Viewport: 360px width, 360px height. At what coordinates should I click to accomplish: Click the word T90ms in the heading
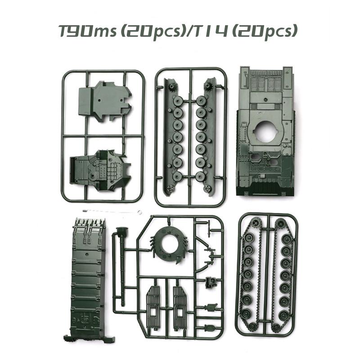pyautogui.click(x=82, y=31)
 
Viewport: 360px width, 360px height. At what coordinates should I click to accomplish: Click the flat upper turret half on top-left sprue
pyautogui.click(x=104, y=101)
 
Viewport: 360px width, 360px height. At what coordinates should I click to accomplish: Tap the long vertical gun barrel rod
pyautogui.click(x=122, y=270)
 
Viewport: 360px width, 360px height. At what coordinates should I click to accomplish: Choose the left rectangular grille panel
pyautogui.click(x=153, y=306)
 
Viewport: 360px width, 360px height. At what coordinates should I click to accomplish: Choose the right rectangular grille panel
pyautogui.click(x=180, y=306)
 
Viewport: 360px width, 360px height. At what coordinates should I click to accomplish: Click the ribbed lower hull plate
pyautogui.click(x=88, y=279)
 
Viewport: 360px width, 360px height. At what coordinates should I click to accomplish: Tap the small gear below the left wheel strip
pyautogui.click(x=170, y=189)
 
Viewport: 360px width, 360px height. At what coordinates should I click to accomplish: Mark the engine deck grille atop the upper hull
pyautogui.click(x=266, y=84)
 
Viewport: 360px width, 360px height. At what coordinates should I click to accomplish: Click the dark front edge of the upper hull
pyautogui.click(x=265, y=188)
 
